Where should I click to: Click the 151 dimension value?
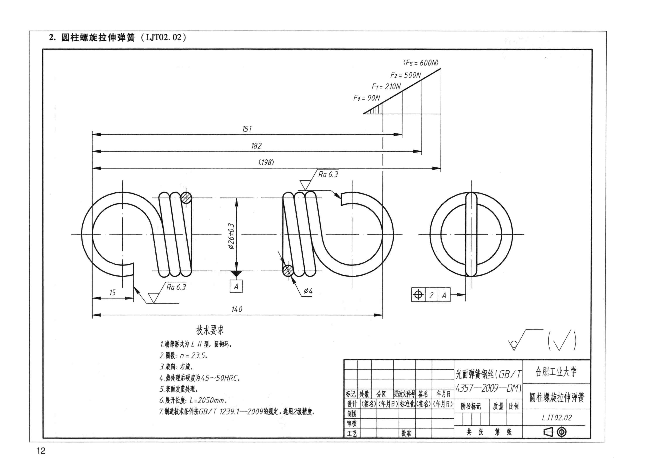pos(247,129)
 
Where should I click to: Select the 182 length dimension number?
pos(256,146)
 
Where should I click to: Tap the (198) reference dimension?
pos(266,162)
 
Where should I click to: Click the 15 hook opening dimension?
pos(112,292)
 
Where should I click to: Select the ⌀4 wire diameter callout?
pos(308,291)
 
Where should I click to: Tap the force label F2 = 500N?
pos(405,75)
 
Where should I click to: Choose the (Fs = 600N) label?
pos(421,63)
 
